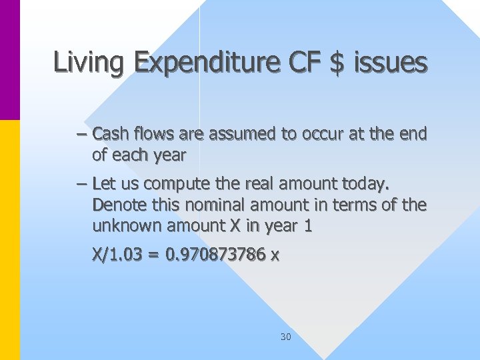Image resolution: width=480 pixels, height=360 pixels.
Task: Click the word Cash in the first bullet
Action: (x=111, y=134)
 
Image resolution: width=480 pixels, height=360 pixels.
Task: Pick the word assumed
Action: (x=242, y=134)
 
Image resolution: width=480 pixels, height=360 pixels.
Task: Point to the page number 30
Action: (x=285, y=337)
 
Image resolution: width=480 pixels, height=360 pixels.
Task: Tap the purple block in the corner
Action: (x=9, y=60)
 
